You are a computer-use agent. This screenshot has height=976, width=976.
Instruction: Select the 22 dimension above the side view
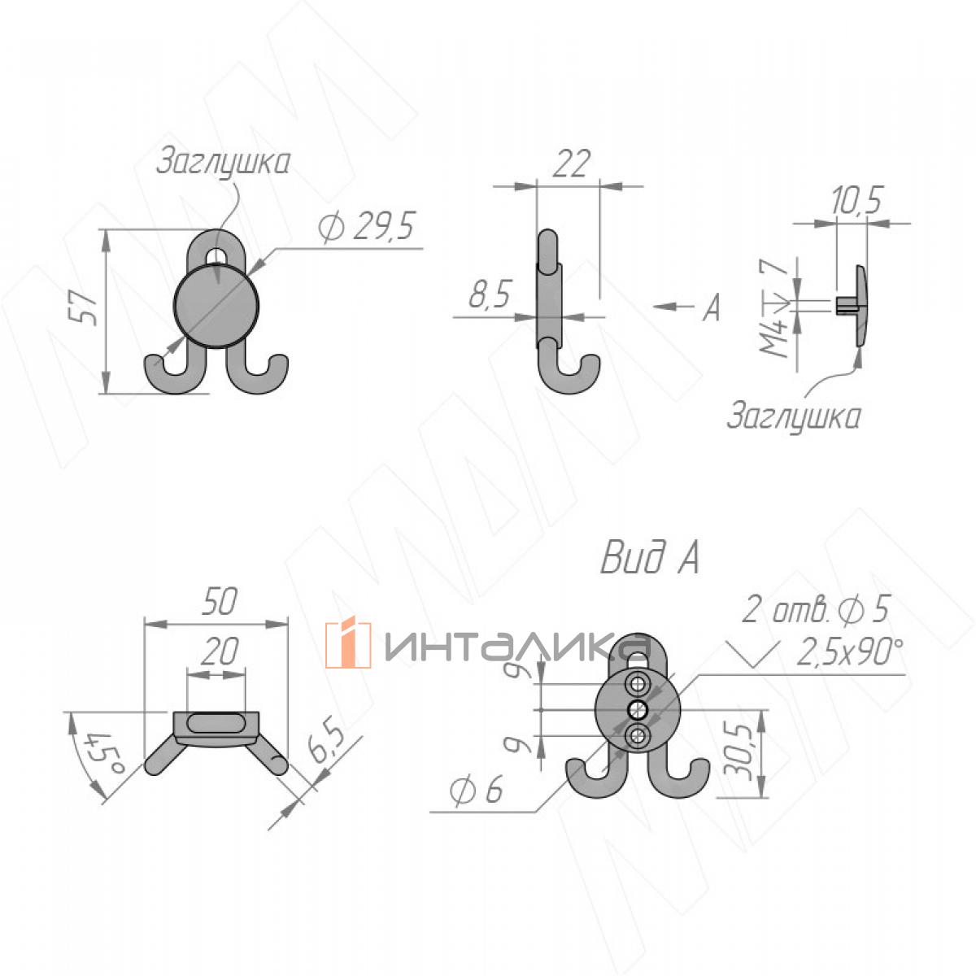pos(571,163)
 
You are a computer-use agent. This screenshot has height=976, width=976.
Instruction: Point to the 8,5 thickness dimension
pos(489,294)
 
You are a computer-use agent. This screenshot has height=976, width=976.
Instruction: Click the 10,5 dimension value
pos(856,200)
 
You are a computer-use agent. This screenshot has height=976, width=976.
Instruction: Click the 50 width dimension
pos(219,602)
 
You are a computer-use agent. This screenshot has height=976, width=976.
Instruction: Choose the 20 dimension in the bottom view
pos(219,651)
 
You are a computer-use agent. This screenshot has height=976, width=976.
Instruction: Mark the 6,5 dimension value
pos(328,747)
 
